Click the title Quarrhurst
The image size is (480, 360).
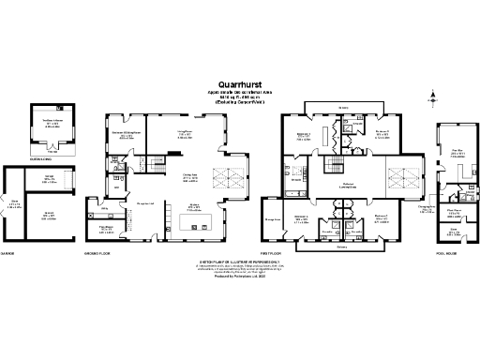click(x=239, y=81)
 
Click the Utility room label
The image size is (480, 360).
click(x=105, y=208)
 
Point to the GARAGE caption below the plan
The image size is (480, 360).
click(x=10, y=253)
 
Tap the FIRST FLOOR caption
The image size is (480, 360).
click(x=292, y=253)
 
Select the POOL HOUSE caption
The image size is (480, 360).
click(x=447, y=253)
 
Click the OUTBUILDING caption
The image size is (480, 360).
click(x=41, y=158)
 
